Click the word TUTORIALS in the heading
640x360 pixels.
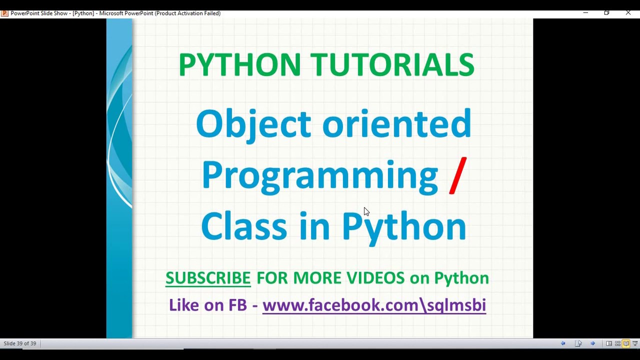pyautogui.click(x=392, y=65)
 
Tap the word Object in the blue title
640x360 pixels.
pyautogui.click(x=253, y=124)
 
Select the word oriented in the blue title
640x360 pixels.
pyautogui.click(x=396, y=124)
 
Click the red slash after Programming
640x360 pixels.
pyautogui.click(x=457, y=175)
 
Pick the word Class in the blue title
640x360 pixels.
pyautogui.click(x=243, y=226)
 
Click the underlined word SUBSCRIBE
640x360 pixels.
pyautogui.click(x=208, y=278)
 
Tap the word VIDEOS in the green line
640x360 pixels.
pyautogui.click(x=375, y=278)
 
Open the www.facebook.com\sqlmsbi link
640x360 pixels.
pyautogui.click(x=374, y=305)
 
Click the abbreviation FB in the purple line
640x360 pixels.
pyautogui.click(x=237, y=305)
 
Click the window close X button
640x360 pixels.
pyautogui.click(x=628, y=13)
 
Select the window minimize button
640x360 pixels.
pyautogui.click(x=585, y=13)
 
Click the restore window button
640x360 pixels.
pyautogui.click(x=606, y=13)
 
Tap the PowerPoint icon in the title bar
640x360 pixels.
pyautogui.click(x=4, y=13)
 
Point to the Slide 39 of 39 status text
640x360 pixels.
pyautogui.click(x=20, y=343)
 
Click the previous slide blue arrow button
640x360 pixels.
pyautogui.click(x=563, y=343)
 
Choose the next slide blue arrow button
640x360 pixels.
pyautogui.click(x=592, y=343)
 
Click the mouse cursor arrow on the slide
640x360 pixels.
pyautogui.click(x=366, y=211)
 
